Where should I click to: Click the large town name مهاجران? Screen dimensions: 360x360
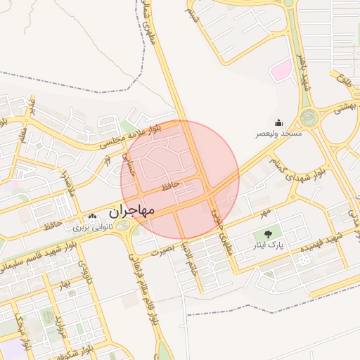click(133, 210)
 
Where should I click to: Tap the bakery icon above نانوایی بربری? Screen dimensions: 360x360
click(93, 217)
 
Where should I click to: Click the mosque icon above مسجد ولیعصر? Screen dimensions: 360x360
click(278, 122)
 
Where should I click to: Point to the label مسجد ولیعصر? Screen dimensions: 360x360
click(278, 133)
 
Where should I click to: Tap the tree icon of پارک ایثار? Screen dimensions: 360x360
click(267, 234)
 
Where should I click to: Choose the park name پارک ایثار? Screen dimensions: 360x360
click(267, 245)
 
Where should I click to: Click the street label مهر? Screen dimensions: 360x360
click(264, 212)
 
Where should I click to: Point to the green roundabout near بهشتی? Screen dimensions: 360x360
click(309, 117)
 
